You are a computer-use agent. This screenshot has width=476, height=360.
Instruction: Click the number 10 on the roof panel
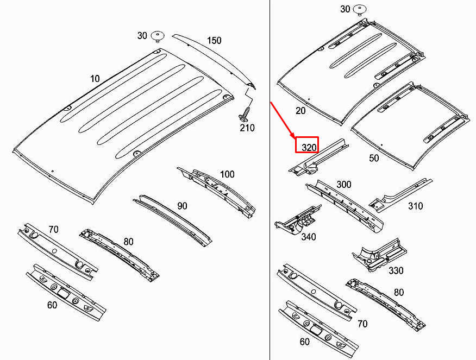pyautogui.click(x=95, y=79)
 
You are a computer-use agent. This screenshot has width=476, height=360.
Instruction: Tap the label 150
pyautogui.click(x=214, y=41)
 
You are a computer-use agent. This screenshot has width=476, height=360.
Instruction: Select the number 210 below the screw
pyautogui.click(x=247, y=128)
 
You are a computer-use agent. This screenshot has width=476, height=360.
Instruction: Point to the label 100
pyautogui.click(x=227, y=174)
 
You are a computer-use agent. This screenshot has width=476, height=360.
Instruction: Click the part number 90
pyautogui.click(x=182, y=206)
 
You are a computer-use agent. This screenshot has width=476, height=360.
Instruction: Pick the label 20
pyautogui.click(x=300, y=111)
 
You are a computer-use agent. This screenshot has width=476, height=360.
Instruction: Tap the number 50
pyautogui.click(x=374, y=158)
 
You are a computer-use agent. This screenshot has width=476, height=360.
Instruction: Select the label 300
pyautogui.click(x=343, y=185)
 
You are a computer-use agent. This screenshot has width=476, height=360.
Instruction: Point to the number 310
pyautogui.click(x=415, y=206)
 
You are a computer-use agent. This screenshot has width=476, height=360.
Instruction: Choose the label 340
pyautogui.click(x=308, y=237)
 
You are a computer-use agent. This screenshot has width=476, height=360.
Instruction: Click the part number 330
pyautogui.click(x=396, y=270)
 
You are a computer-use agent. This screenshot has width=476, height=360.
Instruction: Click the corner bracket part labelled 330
pyautogui.click(x=379, y=253)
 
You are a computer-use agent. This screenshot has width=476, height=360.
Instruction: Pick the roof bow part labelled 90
pyautogui.click(x=171, y=217)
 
